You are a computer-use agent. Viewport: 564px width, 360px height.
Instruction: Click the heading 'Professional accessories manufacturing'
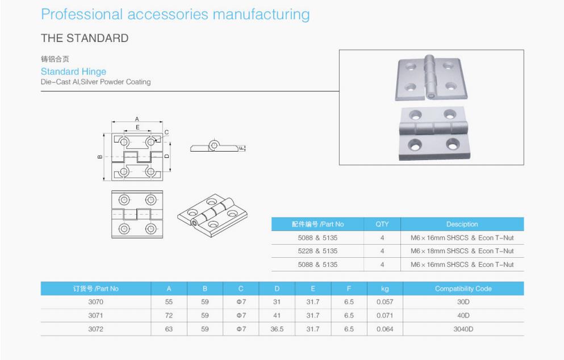(x=176, y=14)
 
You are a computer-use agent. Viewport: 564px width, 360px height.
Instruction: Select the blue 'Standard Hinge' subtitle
(x=73, y=72)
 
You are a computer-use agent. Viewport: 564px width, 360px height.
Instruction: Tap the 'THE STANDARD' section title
(x=85, y=39)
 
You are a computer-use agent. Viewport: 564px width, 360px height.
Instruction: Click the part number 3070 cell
(x=80, y=302)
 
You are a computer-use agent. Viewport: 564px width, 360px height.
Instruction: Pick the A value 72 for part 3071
(x=169, y=315)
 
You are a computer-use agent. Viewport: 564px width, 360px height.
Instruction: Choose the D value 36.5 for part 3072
(x=277, y=329)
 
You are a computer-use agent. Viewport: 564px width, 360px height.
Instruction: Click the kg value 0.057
(x=385, y=302)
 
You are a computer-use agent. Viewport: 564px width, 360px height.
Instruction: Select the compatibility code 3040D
(x=463, y=329)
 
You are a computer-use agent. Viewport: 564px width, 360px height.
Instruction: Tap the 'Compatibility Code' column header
(x=463, y=288)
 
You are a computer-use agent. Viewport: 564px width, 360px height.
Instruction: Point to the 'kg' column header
(x=385, y=288)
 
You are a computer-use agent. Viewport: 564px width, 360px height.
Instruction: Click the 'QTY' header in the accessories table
(x=382, y=224)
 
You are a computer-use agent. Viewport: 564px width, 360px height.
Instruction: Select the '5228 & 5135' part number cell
(x=317, y=251)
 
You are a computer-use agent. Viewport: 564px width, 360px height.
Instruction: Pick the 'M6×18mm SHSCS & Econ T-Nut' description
(x=462, y=251)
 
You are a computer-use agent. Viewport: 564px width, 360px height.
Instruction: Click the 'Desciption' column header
(x=462, y=224)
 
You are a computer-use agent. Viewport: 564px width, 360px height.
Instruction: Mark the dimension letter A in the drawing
(x=137, y=119)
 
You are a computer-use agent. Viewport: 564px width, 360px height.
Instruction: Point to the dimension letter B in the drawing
(x=100, y=157)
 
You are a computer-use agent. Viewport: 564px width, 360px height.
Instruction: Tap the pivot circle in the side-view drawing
(x=214, y=144)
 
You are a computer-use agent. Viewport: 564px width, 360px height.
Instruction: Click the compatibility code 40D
(x=463, y=315)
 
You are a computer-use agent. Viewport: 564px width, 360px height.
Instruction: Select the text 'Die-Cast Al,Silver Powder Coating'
(x=95, y=82)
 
